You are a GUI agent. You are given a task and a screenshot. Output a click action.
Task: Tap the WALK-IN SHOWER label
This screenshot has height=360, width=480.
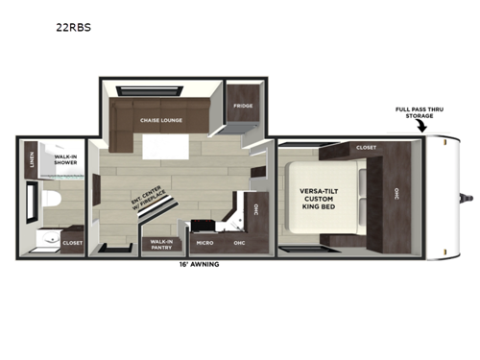point(66,160)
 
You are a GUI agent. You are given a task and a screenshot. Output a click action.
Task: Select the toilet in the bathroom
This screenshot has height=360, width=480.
point(51,200)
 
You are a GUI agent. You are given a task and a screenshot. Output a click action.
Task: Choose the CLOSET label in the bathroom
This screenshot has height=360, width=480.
point(73,243)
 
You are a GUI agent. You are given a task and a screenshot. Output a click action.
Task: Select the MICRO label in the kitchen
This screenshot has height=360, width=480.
point(204,243)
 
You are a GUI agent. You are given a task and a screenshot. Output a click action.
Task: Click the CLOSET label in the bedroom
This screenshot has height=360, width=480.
point(366,147)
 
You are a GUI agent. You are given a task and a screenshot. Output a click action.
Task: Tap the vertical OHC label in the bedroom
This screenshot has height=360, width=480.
point(395,192)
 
